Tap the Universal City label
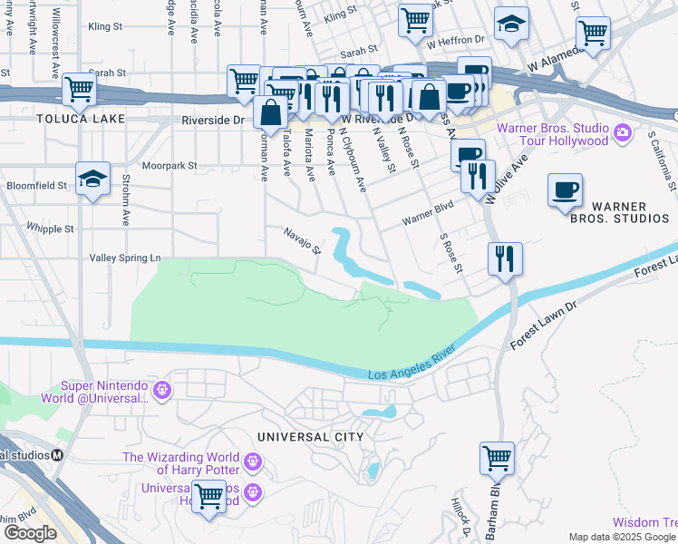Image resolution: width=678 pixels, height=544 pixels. [310, 437]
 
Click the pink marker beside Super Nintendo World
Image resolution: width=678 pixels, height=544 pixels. [162, 391]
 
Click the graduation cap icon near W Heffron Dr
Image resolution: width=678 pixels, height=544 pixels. [511, 25]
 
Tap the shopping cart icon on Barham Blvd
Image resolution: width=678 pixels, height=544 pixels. [498, 457]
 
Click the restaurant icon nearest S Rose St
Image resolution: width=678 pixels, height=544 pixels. [504, 258]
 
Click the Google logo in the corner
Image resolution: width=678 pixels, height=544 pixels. [30, 533]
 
